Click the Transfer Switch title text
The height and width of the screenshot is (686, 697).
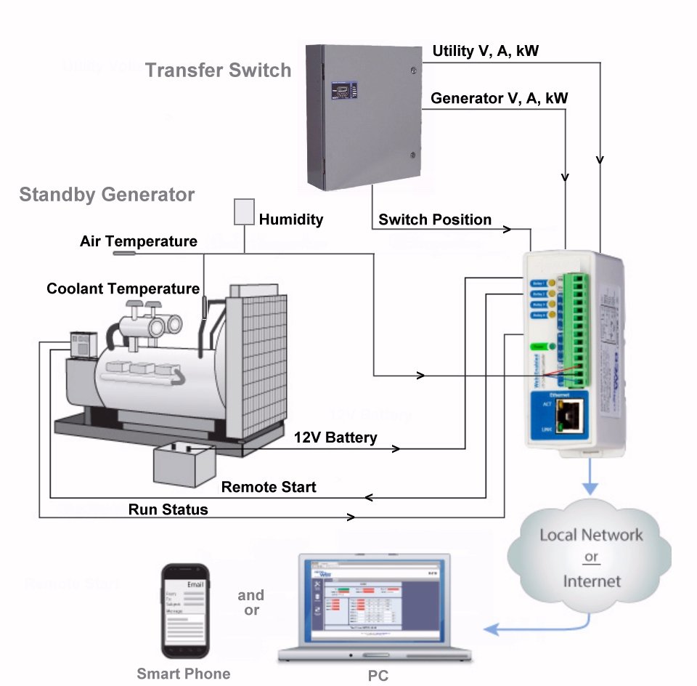[x=218, y=70]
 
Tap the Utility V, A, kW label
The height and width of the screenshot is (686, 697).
[x=486, y=51]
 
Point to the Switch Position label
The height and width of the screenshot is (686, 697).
[x=435, y=219]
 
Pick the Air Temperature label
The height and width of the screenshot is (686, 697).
[x=138, y=241]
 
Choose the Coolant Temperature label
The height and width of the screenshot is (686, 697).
[x=123, y=288]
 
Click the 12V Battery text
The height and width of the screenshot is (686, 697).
[x=335, y=437]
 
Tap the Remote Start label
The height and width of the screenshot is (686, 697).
[x=269, y=487]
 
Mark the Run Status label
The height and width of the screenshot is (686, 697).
[x=168, y=509]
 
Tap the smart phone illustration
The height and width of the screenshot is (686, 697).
[x=184, y=610]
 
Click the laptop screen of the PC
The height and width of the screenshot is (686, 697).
[x=372, y=600]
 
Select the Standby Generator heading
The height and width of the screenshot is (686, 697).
[x=107, y=195]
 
